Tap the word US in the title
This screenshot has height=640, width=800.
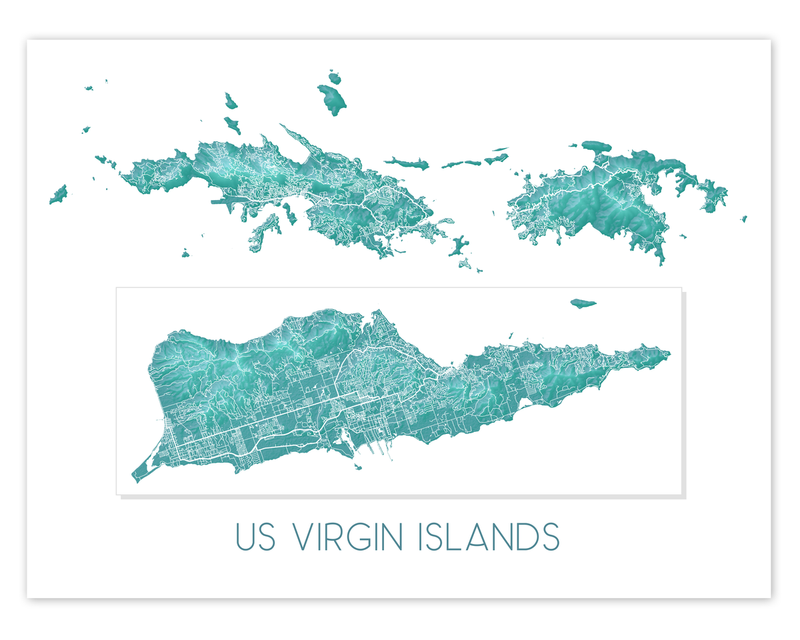tap(256, 537)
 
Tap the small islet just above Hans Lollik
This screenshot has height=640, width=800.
tap(334, 77)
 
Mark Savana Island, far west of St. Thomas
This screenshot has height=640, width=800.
tap(58, 194)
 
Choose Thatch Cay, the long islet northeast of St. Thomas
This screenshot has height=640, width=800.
tap(406, 162)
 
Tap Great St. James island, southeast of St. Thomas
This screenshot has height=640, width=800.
tap(458, 247)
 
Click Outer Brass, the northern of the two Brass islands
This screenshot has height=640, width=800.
tap(231, 101)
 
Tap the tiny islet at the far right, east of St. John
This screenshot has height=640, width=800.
tap(744, 218)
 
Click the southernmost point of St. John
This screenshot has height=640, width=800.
tap(661, 264)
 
